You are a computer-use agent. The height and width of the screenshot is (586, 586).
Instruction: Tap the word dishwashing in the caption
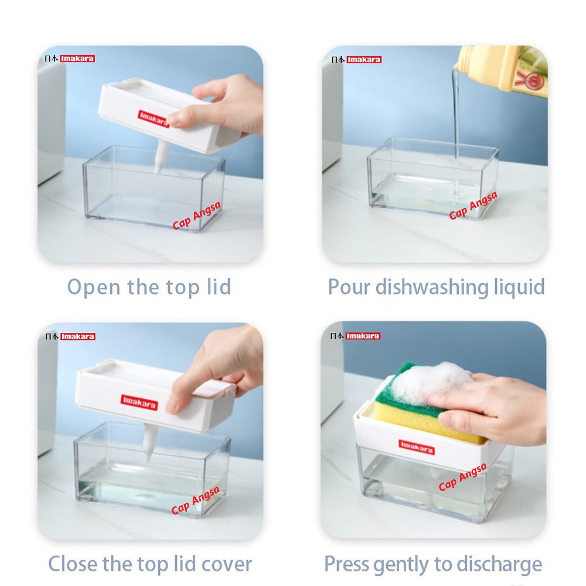pos(432,288)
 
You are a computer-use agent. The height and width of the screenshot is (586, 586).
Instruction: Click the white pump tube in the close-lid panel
pos(151,443)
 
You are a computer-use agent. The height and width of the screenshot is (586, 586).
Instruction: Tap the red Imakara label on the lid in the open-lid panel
pos(154,119)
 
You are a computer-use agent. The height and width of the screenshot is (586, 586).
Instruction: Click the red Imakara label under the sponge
pos(416,447)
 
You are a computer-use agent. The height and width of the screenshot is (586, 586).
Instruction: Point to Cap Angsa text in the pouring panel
pos(473,205)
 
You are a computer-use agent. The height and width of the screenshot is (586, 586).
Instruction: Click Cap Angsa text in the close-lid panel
pos(195,500)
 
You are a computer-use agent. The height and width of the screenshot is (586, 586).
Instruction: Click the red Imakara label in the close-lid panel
pos(139,402)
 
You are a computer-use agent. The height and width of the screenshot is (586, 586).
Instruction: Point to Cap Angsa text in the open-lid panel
pos(196,215)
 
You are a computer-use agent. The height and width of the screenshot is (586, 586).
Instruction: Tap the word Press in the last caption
pos(346,564)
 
